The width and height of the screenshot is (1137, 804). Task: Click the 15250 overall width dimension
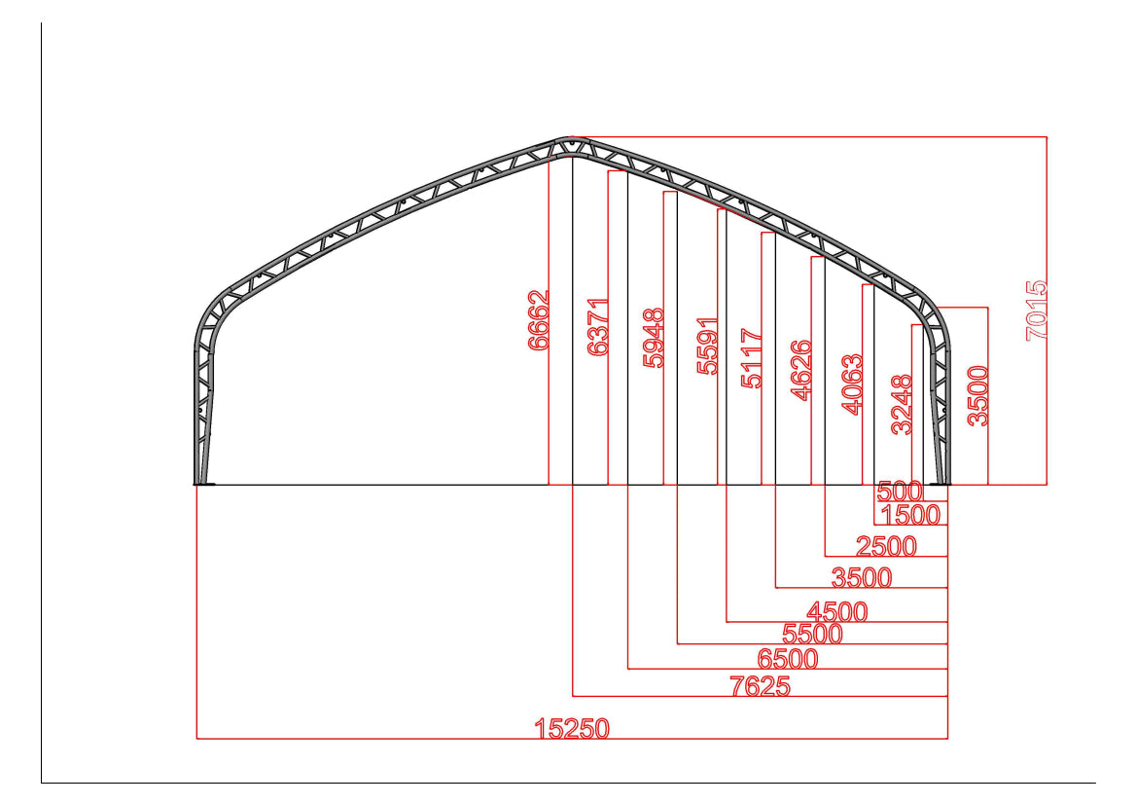click(572, 728)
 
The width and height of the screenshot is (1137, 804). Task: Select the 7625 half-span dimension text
click(760, 686)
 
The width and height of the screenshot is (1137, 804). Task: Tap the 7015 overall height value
click(1037, 310)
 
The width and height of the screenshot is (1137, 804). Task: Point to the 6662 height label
click(539, 320)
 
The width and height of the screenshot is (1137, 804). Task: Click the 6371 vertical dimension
click(598, 326)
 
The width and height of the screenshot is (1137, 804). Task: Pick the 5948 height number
click(654, 338)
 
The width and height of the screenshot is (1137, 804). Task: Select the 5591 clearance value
click(708, 346)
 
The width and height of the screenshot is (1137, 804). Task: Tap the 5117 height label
click(752, 358)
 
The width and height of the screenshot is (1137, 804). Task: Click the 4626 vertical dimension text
click(801, 370)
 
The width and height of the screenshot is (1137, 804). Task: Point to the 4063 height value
click(851, 384)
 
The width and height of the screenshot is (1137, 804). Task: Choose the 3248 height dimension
click(902, 404)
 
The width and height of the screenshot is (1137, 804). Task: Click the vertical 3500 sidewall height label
click(977, 395)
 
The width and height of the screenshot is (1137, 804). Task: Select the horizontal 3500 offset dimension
click(861, 577)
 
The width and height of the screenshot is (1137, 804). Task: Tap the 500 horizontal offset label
click(900, 492)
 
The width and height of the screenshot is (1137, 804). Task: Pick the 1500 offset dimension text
click(910, 514)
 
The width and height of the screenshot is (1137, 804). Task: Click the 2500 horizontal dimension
click(886, 546)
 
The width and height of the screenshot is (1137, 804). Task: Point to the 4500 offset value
click(836, 612)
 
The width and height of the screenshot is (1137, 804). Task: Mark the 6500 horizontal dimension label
click(788, 659)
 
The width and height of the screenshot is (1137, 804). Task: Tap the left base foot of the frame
click(203, 481)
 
